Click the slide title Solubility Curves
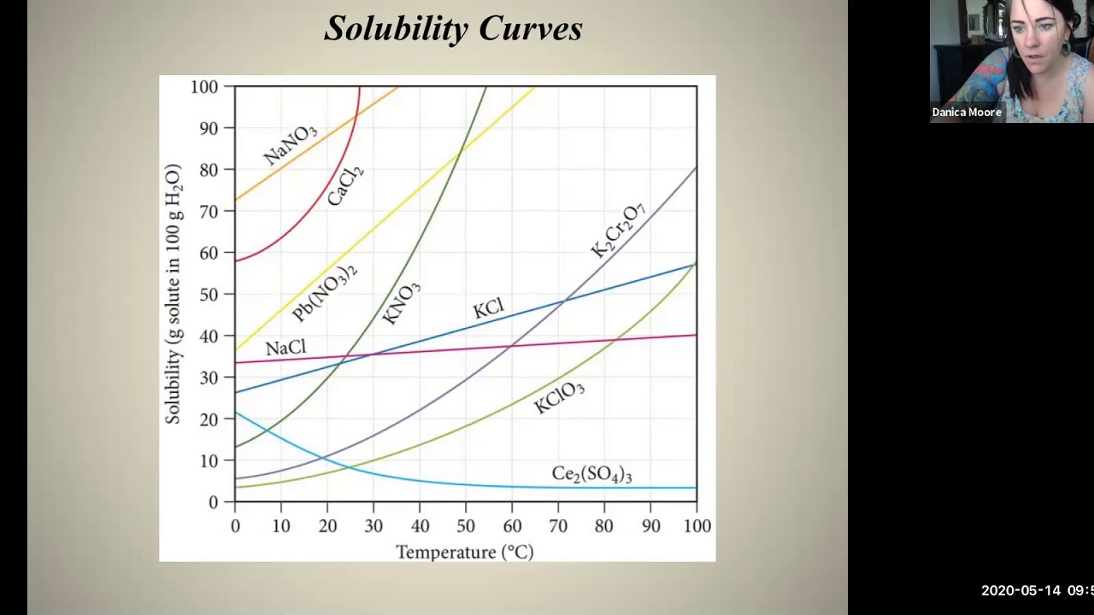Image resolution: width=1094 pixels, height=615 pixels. pyautogui.click(x=453, y=29)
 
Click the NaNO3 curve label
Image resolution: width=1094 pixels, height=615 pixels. pyautogui.click(x=290, y=144)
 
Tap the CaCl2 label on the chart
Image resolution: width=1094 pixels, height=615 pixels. pyautogui.click(x=345, y=184)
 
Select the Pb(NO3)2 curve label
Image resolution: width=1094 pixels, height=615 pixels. pyautogui.click(x=325, y=293)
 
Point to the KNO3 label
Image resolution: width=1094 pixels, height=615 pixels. pyautogui.click(x=401, y=304)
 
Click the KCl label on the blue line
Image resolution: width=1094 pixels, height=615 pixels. pyautogui.click(x=489, y=308)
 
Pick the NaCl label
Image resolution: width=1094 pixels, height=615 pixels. pyautogui.click(x=285, y=348)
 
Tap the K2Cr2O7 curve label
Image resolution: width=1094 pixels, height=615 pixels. pyautogui.click(x=618, y=231)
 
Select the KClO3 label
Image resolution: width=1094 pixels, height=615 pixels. pyautogui.click(x=559, y=397)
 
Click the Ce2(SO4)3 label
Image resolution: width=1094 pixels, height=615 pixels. pyautogui.click(x=591, y=474)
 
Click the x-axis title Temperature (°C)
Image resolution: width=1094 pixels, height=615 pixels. pyautogui.click(x=464, y=552)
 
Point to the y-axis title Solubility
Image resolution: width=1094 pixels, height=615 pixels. pyautogui.click(x=173, y=293)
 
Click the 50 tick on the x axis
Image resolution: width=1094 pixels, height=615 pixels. pyautogui.click(x=465, y=526)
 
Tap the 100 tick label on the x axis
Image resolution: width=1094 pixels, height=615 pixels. pyautogui.click(x=697, y=526)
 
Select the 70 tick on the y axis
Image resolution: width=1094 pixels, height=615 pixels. pyautogui.click(x=209, y=211)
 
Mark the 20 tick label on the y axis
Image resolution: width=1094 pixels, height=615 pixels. pyautogui.click(x=209, y=419)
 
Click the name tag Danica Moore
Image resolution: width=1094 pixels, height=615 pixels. pyautogui.click(x=967, y=112)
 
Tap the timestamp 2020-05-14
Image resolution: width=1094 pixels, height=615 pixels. pyautogui.click(x=1020, y=590)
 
